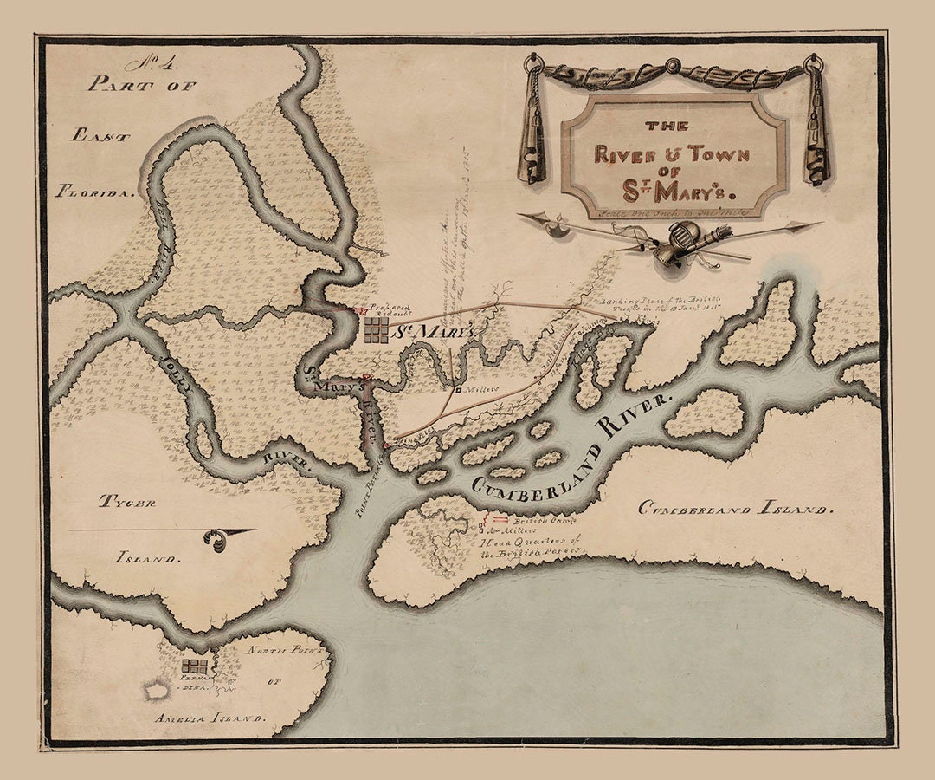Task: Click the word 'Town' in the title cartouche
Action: (693, 155)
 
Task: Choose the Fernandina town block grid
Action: (195, 665)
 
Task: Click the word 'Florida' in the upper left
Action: (96, 192)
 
